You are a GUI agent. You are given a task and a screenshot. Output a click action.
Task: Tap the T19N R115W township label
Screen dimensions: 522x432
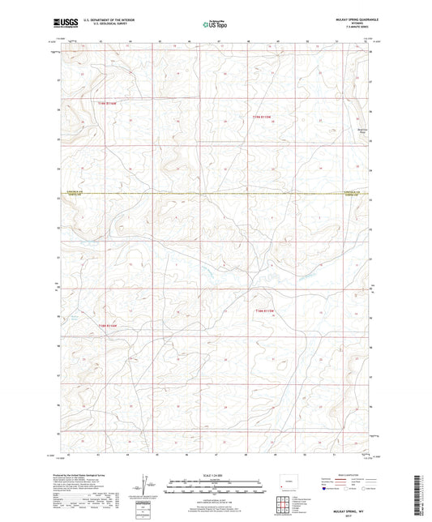pyautogui.click(x=266, y=117)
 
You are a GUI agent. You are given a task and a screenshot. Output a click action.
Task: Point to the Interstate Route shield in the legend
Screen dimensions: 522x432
pyautogui.click(x=324, y=489)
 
